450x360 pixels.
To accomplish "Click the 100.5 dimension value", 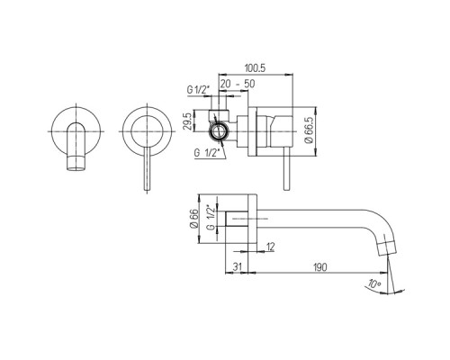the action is click(255, 68).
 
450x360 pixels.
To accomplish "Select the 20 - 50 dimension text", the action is click(238, 84).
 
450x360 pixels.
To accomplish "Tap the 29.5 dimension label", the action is click(187, 121).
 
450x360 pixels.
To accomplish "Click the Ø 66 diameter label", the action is click(194, 219).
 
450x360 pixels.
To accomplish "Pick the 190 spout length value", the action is click(320, 266).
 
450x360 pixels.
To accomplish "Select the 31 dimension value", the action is click(237, 266).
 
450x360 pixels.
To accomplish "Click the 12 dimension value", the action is click(270, 247).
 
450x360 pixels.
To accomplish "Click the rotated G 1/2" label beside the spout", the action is click(211, 218).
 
